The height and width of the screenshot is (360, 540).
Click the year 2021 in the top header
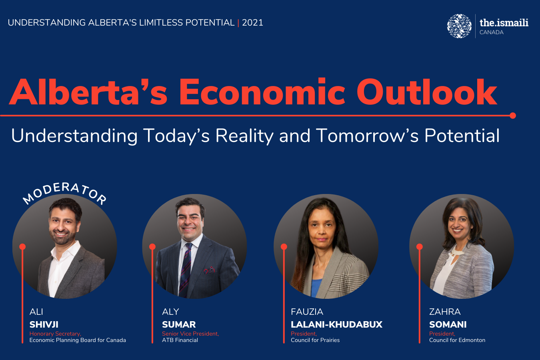tap(252, 23)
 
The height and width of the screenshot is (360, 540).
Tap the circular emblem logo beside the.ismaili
tap(459, 26)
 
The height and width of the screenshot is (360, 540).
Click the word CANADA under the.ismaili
tap(491, 32)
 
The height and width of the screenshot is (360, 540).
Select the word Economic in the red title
tap(262, 92)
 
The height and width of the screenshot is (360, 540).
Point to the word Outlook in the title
tap(427, 92)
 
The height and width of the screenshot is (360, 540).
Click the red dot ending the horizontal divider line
tap(513, 116)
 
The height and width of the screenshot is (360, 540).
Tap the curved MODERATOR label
tap(65, 193)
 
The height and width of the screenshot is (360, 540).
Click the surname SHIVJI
tap(44, 324)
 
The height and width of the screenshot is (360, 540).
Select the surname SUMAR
tap(179, 324)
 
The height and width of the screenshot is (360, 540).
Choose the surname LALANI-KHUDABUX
tap(336, 324)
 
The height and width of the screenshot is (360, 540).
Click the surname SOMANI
tap(448, 324)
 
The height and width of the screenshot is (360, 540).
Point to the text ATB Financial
tap(180, 340)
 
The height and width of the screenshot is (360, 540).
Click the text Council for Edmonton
tap(457, 340)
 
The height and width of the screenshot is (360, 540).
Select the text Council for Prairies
tap(315, 340)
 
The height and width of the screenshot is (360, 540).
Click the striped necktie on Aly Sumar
tap(186, 270)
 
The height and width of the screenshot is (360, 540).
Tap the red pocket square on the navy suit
tap(210, 270)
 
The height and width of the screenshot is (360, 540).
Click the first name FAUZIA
tap(307, 312)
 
